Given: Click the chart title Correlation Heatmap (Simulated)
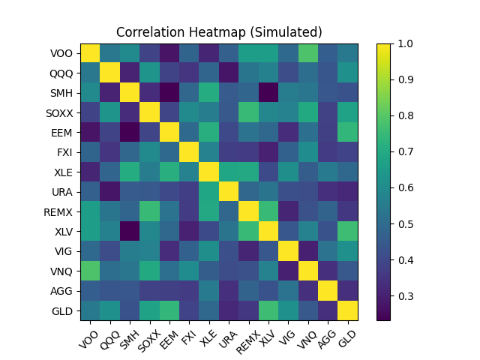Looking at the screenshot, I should (x=219, y=32).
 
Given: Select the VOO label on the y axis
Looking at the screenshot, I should (x=63, y=53).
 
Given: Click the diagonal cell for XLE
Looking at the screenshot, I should (x=208, y=172).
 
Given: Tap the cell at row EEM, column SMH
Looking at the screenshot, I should (x=130, y=133).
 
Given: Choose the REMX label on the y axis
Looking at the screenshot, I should (x=60, y=211).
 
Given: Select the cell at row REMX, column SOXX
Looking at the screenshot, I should (x=149, y=211).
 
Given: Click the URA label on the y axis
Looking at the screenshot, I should (x=63, y=192).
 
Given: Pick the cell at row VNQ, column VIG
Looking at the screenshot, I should (x=288, y=271).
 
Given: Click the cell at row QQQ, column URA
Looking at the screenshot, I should (x=229, y=73).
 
